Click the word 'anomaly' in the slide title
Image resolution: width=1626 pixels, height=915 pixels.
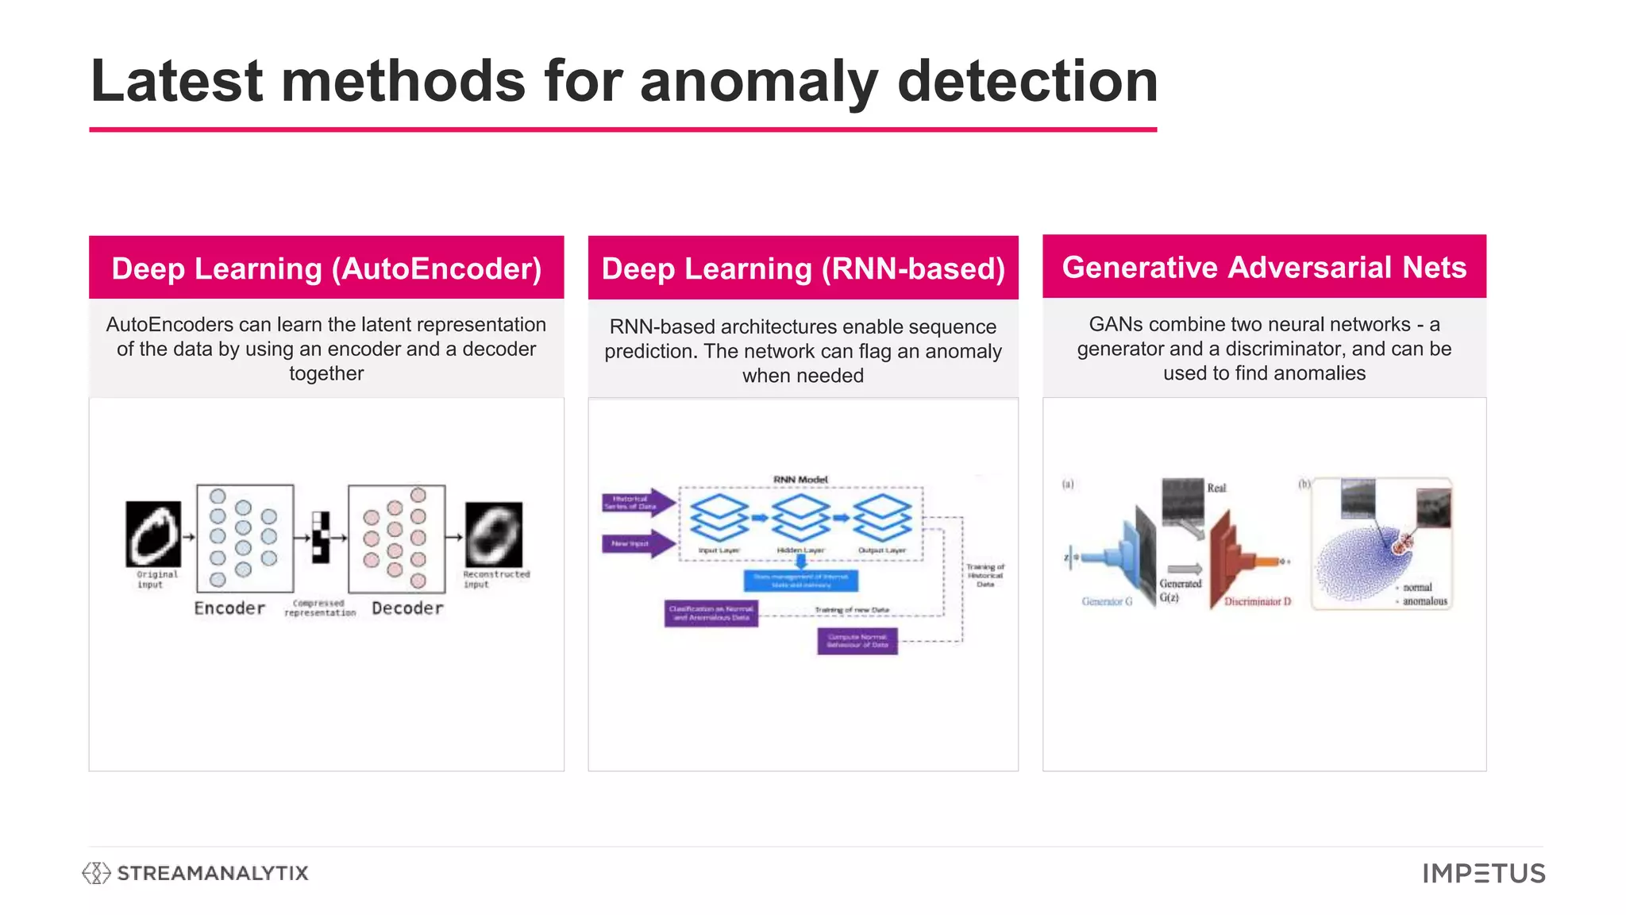758,83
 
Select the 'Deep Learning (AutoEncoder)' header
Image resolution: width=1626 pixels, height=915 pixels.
326,268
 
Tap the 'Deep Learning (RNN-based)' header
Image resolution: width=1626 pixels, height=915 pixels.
803,268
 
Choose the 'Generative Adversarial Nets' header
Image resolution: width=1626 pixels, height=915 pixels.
1264,267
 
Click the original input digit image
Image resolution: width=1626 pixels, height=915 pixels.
153,534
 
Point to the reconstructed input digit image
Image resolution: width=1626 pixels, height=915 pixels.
494,534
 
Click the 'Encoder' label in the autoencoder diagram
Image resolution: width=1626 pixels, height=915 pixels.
229,608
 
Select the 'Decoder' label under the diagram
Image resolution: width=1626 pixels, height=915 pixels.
407,608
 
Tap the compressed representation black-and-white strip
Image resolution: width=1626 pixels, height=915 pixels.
321,537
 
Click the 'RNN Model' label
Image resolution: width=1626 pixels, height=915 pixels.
800,480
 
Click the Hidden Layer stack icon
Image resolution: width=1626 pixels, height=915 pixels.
800,516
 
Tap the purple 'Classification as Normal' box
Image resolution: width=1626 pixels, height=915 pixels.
711,613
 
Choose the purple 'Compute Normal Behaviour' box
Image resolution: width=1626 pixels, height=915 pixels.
857,641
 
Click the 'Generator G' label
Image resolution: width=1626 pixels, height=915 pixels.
1107,602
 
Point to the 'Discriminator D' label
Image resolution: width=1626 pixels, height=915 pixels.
1258,602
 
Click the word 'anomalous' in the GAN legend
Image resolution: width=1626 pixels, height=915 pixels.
1424,601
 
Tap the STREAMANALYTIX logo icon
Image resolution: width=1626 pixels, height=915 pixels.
96,873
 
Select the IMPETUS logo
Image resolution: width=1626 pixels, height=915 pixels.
1484,874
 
